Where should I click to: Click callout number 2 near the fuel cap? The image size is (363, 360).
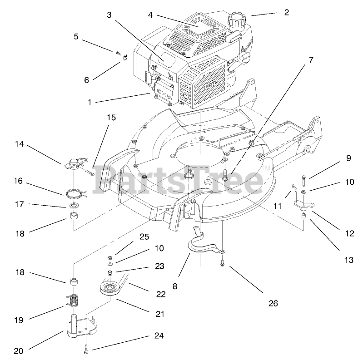[x=286, y=13]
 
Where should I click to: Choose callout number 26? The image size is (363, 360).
[x=272, y=303]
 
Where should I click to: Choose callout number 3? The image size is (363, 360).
[x=109, y=15]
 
